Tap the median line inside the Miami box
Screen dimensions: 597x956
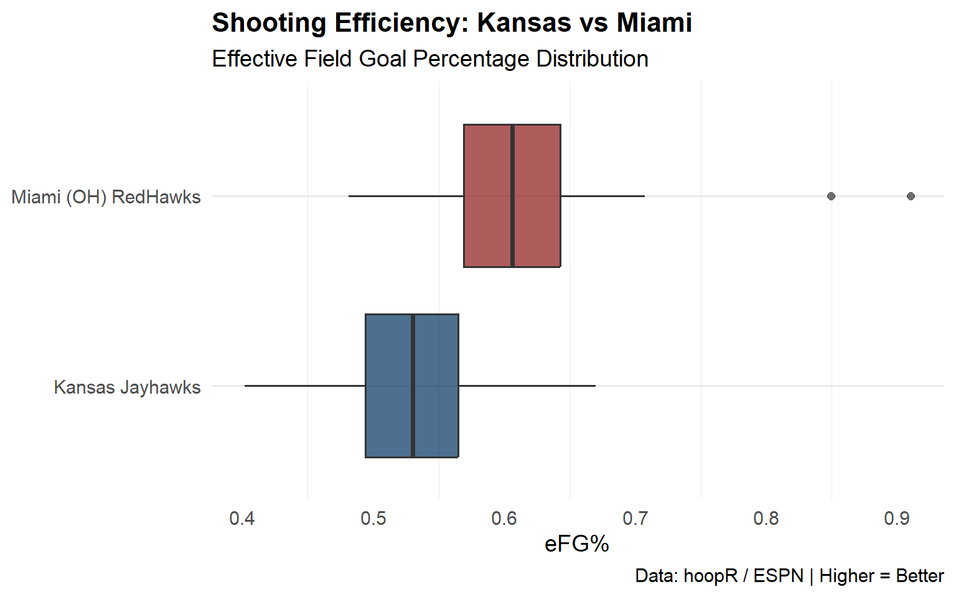tap(512, 196)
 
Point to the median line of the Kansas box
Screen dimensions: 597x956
tap(413, 386)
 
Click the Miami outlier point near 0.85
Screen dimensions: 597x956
tap(831, 197)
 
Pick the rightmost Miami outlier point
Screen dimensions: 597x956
tap(911, 197)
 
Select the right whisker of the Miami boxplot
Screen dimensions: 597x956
tap(602, 196)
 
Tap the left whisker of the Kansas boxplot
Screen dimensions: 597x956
tap(305, 386)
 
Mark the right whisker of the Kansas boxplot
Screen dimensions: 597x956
tap(527, 386)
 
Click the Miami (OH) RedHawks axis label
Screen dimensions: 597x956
tap(106, 197)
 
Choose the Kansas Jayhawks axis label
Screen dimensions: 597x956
tap(127, 387)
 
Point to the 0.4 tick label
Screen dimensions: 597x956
tap(242, 519)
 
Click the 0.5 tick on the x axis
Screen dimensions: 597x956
tap(373, 519)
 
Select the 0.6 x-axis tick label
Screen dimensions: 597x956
tap(504, 519)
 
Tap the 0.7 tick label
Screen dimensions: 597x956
tap(635, 519)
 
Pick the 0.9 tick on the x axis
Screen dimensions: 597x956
tap(897, 519)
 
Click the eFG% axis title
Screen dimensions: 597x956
tap(576, 544)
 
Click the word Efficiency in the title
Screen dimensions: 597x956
tap(401, 24)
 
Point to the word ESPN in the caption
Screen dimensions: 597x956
tap(778, 576)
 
